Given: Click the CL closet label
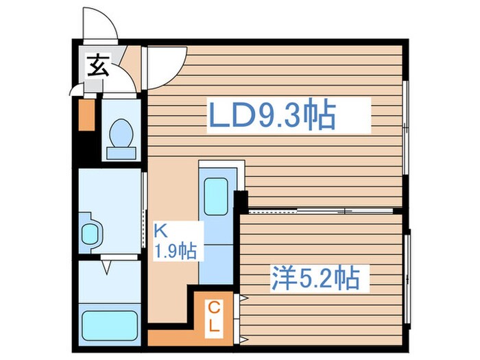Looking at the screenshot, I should pyautogui.click(x=214, y=315).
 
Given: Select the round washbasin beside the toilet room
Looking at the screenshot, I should pyautogui.click(x=90, y=231).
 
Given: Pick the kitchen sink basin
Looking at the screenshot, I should pyautogui.click(x=216, y=196).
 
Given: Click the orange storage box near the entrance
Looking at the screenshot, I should pyautogui.click(x=86, y=115).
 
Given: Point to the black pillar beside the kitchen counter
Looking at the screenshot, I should pyautogui.click(x=239, y=202).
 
